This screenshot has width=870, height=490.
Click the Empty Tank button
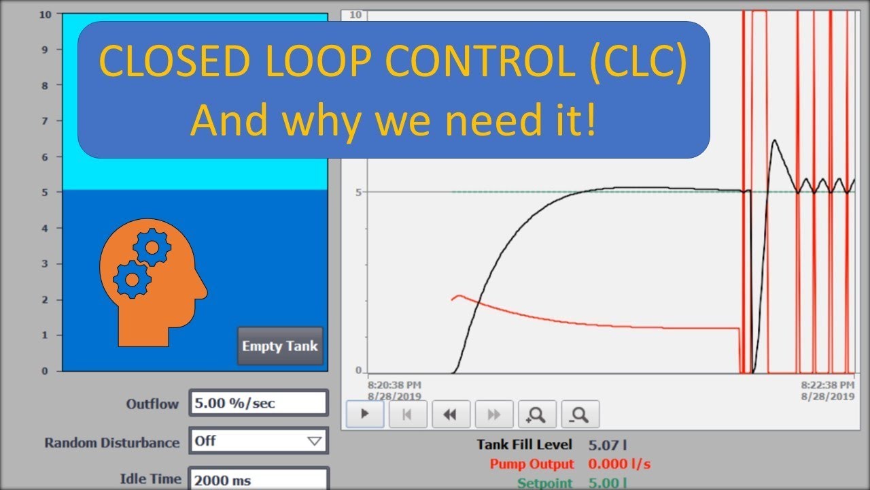[280, 346]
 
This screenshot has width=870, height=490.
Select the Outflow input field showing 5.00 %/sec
[258, 403]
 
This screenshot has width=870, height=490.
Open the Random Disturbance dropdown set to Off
[258, 441]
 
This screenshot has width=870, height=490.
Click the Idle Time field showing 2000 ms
[258, 480]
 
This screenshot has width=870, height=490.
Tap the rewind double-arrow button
[449, 414]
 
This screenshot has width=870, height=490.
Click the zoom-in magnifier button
[537, 414]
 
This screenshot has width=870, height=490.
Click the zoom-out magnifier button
[580, 414]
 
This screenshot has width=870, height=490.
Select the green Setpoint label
[545, 483]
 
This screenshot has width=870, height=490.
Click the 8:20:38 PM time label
[394, 384]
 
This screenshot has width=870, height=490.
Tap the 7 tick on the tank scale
[46, 121]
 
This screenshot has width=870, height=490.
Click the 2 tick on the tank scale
[46, 299]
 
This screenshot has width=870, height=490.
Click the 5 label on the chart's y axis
[358, 192]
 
